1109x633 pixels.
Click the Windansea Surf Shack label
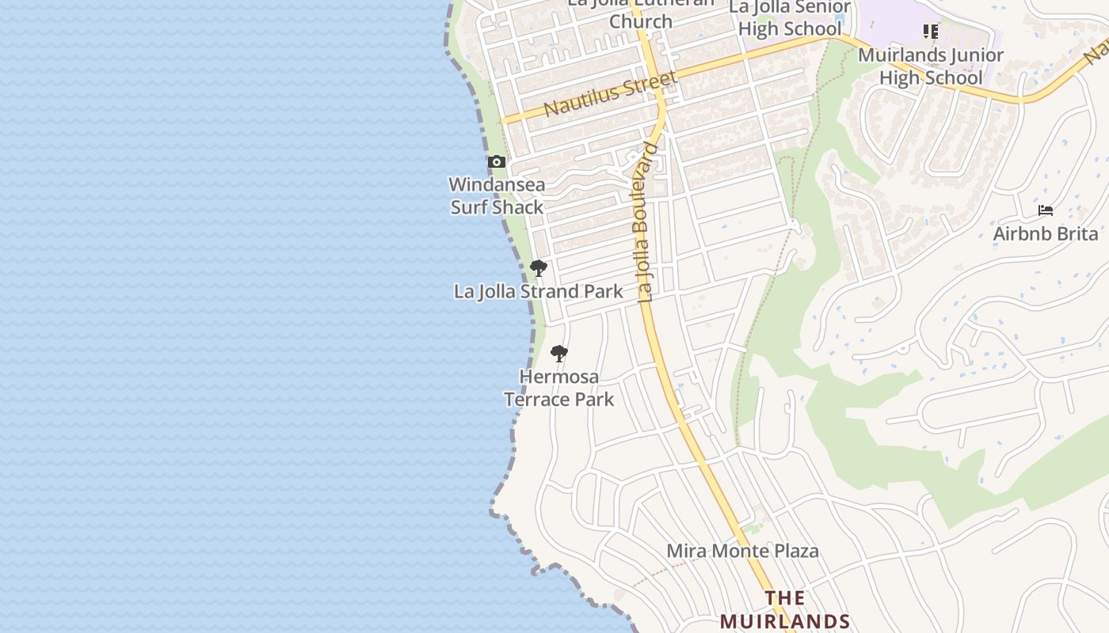(x=497, y=195)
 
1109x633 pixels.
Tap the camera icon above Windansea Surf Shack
(x=497, y=162)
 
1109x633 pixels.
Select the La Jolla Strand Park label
(x=539, y=291)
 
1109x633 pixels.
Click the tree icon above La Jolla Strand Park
(x=539, y=268)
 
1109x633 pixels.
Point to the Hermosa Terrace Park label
(x=559, y=388)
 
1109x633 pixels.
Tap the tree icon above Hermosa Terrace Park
(x=559, y=353)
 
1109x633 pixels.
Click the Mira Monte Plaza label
(x=742, y=551)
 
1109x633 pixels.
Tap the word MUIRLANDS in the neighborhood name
(x=785, y=621)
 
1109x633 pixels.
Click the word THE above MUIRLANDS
(x=785, y=598)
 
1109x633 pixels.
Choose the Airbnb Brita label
(x=1046, y=233)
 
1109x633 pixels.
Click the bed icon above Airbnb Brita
(x=1046, y=210)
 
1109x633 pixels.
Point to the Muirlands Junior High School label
(x=931, y=66)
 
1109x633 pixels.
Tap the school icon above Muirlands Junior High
(x=931, y=32)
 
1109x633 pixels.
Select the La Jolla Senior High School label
(x=790, y=17)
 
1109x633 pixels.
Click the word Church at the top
(x=641, y=21)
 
